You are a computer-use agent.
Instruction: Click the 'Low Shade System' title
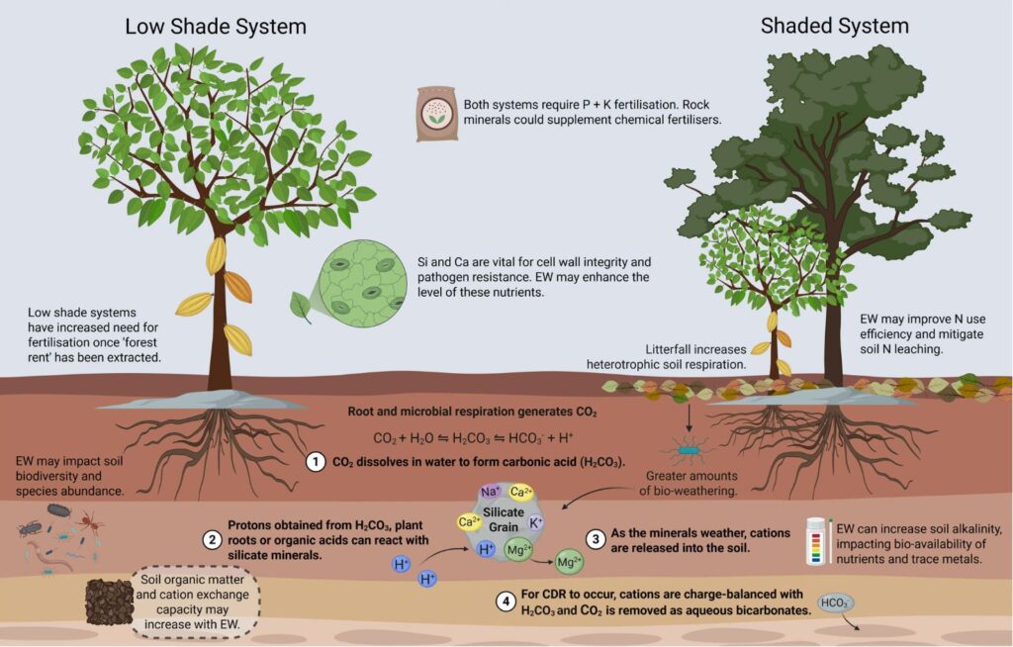(x=215, y=26)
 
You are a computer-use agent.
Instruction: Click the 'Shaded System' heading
(x=834, y=26)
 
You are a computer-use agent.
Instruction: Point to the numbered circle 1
(x=316, y=461)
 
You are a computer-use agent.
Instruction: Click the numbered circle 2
(x=212, y=540)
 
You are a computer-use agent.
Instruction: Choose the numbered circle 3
(x=596, y=539)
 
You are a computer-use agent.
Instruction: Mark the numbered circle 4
(x=505, y=601)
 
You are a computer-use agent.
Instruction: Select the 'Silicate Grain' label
(x=503, y=519)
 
